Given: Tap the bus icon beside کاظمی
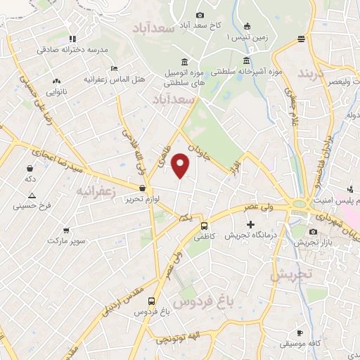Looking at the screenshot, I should [x=204, y=226].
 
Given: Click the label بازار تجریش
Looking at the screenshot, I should [x=313, y=243].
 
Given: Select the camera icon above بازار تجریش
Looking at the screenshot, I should [x=313, y=231].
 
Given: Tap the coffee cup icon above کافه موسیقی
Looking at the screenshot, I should [x=300, y=333].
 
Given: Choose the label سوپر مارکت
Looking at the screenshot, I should [x=66, y=241].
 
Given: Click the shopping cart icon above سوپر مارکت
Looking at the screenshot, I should [x=66, y=230].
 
